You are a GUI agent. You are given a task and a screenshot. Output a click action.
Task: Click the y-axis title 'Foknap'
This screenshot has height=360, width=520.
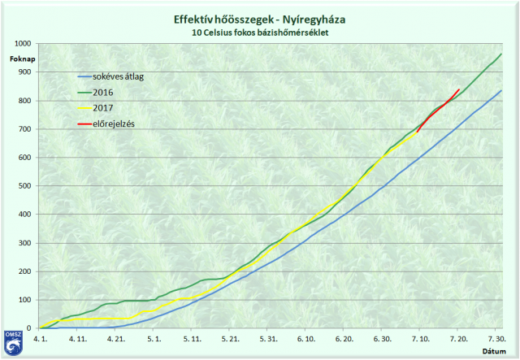click(22, 59)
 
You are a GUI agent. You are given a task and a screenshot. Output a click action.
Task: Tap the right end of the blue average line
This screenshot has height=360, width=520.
click(500, 91)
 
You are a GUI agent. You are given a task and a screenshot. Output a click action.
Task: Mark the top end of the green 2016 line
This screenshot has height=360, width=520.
click(500, 54)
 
